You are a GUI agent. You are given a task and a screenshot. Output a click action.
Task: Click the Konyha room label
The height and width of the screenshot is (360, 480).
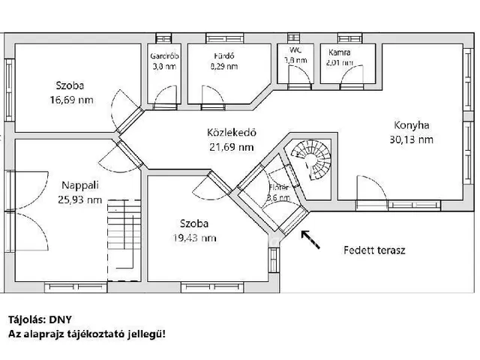412,125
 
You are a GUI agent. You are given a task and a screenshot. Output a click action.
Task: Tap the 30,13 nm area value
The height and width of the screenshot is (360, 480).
411,139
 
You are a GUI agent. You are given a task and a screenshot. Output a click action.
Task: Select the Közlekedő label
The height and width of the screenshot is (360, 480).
232,133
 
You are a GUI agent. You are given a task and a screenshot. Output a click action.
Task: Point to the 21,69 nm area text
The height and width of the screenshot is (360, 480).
232,147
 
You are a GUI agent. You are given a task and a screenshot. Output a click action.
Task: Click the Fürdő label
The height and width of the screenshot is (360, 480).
224,55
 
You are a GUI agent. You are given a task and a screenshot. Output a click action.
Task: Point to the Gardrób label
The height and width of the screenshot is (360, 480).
161,55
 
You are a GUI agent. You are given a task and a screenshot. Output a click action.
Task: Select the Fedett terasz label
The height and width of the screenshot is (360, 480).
375,250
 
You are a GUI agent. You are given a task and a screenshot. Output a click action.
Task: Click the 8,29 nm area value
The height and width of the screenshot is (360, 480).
224,66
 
